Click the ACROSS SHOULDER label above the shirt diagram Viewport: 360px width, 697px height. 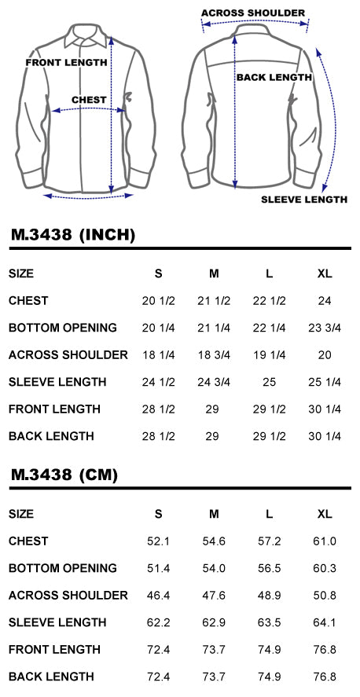(253, 13)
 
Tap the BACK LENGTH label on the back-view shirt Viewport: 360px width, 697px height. (274, 77)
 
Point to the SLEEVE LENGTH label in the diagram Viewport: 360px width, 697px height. (304, 199)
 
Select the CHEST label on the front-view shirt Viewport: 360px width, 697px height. (90, 100)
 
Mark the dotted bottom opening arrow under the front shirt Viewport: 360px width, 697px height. (89, 195)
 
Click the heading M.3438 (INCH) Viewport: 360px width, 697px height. (73, 235)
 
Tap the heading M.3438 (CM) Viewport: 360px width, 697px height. (64, 475)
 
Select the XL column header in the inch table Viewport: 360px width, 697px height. (325, 273)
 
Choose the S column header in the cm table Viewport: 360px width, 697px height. (158, 514)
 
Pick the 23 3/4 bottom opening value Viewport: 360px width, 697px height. (325, 328)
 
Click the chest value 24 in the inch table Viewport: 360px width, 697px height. (325, 301)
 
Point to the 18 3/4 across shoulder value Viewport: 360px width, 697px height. (214, 354)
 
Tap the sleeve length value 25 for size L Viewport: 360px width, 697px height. (270, 382)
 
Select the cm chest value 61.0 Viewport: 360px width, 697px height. (325, 541)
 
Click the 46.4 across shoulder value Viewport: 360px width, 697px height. (158, 595)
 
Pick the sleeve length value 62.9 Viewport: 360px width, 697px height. (214, 622)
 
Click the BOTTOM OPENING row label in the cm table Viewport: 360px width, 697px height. (63, 568)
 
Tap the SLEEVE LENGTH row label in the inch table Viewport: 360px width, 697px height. (58, 382)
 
